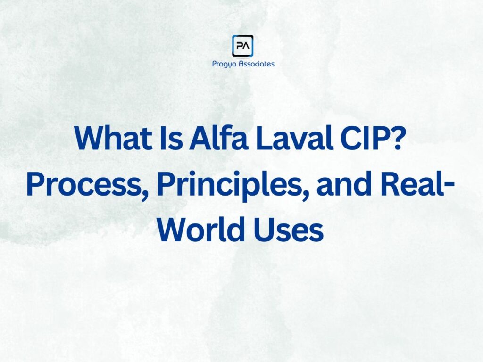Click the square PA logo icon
(243, 46)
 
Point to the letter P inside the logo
(239, 46)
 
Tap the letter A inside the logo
(247, 46)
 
